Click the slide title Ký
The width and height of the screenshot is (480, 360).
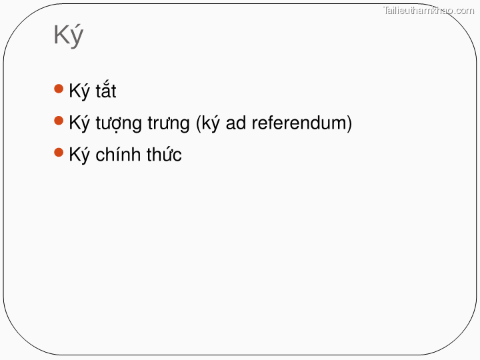click(x=68, y=35)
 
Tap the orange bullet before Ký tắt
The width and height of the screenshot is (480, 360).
click(x=59, y=89)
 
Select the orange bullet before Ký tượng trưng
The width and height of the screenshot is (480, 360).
click(x=59, y=121)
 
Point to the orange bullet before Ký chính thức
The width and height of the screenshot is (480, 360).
click(x=59, y=153)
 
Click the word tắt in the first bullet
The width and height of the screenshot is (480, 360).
click(x=105, y=91)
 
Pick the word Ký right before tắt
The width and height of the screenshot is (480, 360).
click(x=79, y=91)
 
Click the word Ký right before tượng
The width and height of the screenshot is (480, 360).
click(x=79, y=123)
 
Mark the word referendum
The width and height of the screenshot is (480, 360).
click(x=299, y=123)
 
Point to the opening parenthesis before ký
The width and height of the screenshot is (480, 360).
click(x=198, y=123)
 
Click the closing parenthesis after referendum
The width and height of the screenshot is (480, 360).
click(x=349, y=123)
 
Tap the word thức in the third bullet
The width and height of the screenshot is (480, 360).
click(x=164, y=155)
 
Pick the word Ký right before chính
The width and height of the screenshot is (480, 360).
click(x=79, y=155)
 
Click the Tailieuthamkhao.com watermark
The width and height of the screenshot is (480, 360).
click(x=429, y=10)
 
